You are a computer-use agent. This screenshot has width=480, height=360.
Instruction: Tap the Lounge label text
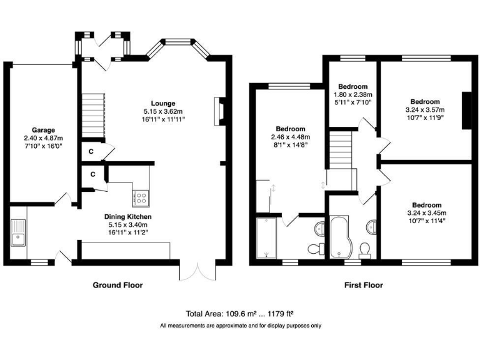tap(162, 103)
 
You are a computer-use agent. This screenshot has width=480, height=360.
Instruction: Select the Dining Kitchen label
tap(127, 216)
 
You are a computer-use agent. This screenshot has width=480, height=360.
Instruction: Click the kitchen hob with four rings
tap(141, 198)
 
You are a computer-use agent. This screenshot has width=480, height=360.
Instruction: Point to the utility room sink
tap(17, 232)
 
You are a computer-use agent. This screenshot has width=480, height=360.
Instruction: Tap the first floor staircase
tap(341, 147)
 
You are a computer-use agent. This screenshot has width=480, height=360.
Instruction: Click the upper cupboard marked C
tap(91, 151)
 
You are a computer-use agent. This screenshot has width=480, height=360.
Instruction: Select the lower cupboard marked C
tap(92, 174)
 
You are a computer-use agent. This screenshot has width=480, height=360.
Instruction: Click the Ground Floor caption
tap(117, 285)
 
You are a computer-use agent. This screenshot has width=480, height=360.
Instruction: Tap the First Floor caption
tap(364, 285)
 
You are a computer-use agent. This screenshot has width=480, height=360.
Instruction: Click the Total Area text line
tap(240, 314)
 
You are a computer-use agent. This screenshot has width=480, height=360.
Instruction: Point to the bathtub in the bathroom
tap(341, 237)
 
